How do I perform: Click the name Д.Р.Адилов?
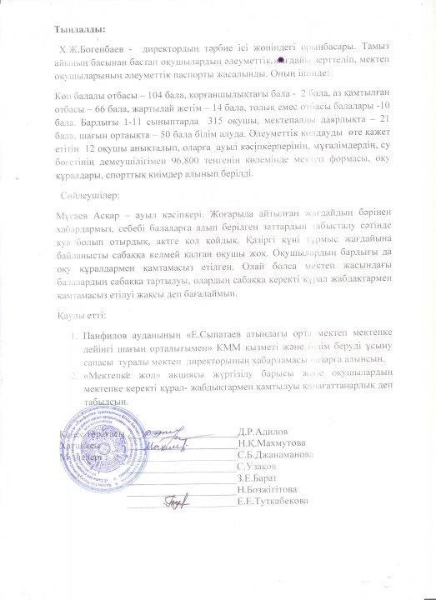(263, 432)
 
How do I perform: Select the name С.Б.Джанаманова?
(275, 455)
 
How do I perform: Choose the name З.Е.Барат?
(259, 478)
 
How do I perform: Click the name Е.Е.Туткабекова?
(273, 502)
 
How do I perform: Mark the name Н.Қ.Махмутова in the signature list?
(271, 443)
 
